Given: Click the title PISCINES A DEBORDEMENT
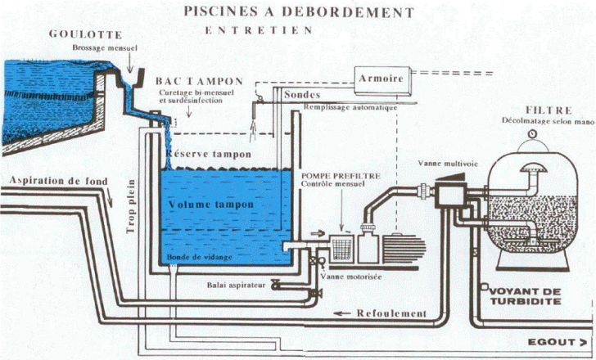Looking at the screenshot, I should tap(298, 11).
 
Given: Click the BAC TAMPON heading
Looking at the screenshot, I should tap(199, 82).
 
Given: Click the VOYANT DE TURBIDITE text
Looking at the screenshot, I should tap(527, 295).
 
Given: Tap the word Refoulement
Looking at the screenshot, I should tap(391, 313).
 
